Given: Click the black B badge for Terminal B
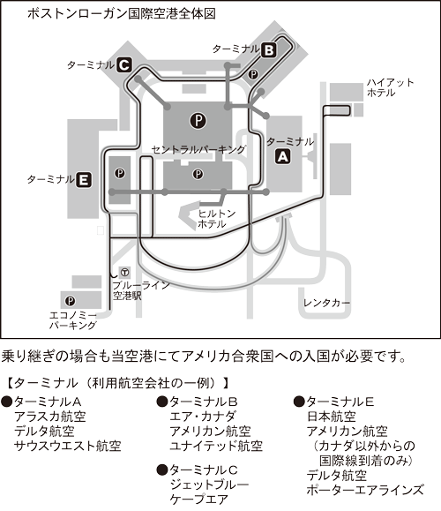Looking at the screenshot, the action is coord(269,50).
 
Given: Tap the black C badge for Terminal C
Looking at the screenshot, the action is coord(124,64).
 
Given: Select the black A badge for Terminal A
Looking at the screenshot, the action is coord(283,157).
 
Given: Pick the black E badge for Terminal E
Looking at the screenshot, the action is coord(84,180).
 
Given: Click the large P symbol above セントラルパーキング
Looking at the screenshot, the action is coord(198,121).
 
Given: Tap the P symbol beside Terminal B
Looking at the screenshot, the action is coord(253,75).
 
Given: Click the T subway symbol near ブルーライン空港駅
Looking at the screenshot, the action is coord(124,272).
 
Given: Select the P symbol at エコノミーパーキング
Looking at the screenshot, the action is coord(70,301).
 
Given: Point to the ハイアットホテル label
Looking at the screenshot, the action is coord(390,87).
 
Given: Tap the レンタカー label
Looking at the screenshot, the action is coord(326,303).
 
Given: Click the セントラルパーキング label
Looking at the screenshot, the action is coord(198,149).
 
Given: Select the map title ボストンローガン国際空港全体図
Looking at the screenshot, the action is coord(122,14).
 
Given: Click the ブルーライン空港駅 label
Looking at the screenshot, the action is coord(141,290).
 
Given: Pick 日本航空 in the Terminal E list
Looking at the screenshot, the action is coord(332,417).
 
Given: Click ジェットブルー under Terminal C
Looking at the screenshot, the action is coord(209,485).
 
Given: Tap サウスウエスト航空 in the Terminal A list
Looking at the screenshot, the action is coord(68,446).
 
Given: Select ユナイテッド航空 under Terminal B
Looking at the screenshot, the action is coord(216,446).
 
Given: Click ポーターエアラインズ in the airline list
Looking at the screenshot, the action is coord(365,490).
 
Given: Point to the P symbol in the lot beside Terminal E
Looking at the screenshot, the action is coord(120,173).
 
